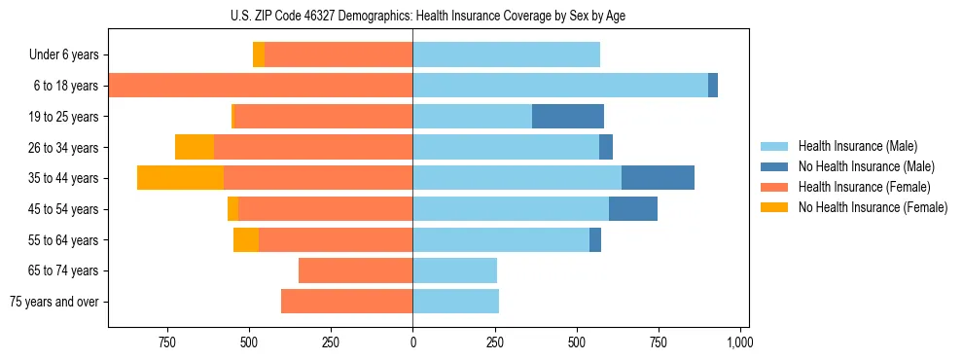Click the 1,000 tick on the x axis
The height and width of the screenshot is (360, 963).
pos(740,342)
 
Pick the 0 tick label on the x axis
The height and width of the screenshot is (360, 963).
pos(412,342)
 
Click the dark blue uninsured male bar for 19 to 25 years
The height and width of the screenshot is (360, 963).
pos(568,117)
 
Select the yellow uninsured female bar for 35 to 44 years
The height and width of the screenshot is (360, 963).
pos(180,178)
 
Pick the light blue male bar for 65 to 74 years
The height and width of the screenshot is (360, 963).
pos(454,270)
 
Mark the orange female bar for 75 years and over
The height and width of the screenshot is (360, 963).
pos(347,302)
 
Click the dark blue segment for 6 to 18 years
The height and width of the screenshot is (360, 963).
pos(713,86)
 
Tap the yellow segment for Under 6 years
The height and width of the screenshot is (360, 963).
pos(259,54)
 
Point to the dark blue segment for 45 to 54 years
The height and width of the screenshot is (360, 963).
pos(633,209)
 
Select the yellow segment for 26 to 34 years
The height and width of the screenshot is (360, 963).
pos(195,147)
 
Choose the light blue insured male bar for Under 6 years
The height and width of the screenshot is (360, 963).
pos(506,54)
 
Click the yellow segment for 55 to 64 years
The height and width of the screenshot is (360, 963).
pos(246,239)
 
